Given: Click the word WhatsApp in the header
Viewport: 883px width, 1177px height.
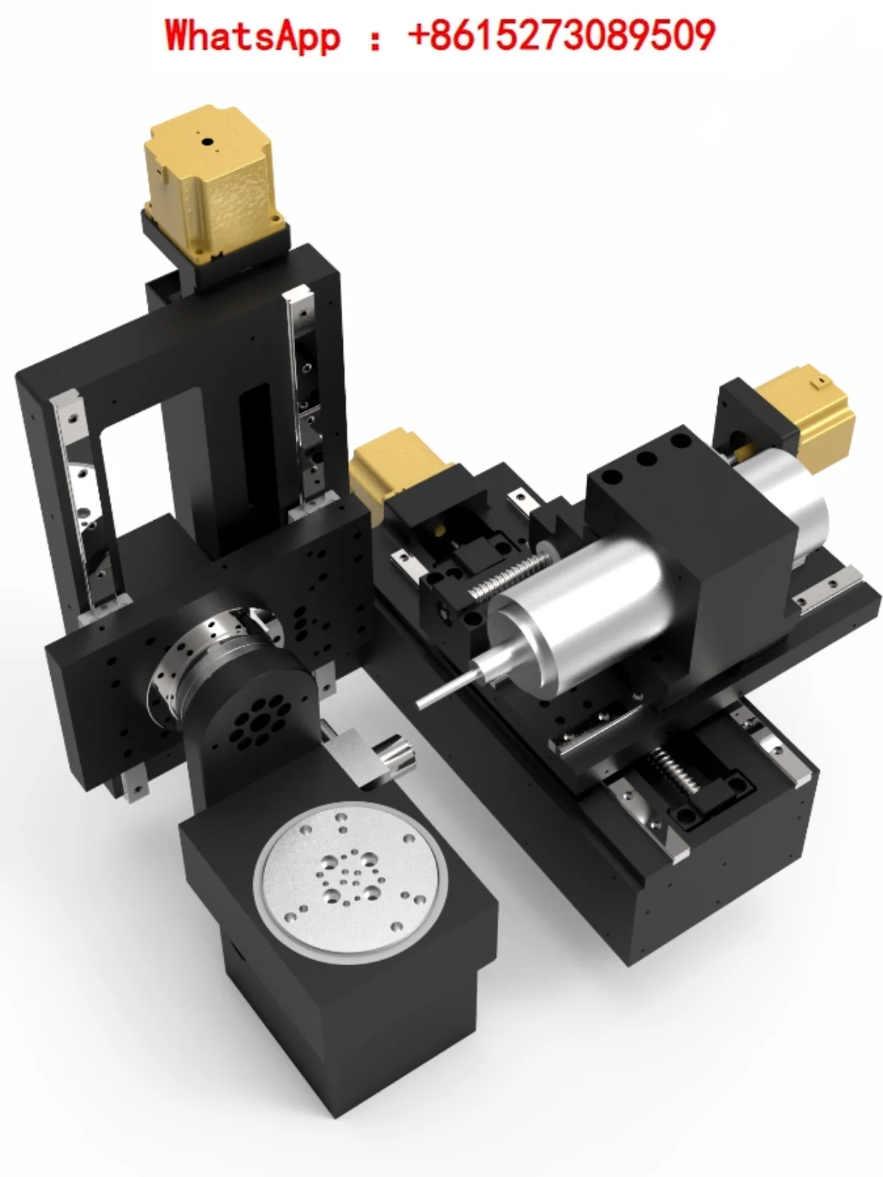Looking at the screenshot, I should coord(252,35).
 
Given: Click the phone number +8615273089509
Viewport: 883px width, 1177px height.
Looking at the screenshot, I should coord(561,35).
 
